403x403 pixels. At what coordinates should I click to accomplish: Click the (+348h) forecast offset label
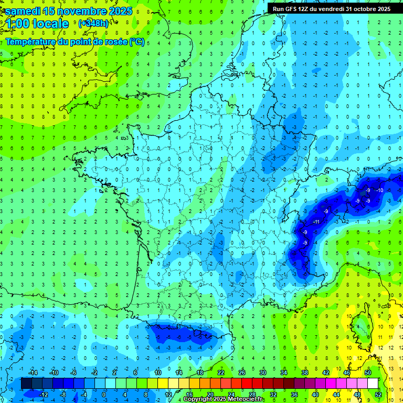coord(93,24)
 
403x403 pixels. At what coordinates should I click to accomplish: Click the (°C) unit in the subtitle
coord(137,41)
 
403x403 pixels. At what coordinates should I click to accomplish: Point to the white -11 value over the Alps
coord(316,222)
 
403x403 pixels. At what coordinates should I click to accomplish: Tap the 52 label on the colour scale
coord(378,395)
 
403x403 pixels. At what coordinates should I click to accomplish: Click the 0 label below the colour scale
coord(104,395)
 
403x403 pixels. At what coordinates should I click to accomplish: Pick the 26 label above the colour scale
coord(242,372)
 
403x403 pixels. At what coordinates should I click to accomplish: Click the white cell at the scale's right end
coord(373,384)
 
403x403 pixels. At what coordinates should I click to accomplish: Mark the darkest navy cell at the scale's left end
coord(26,384)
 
